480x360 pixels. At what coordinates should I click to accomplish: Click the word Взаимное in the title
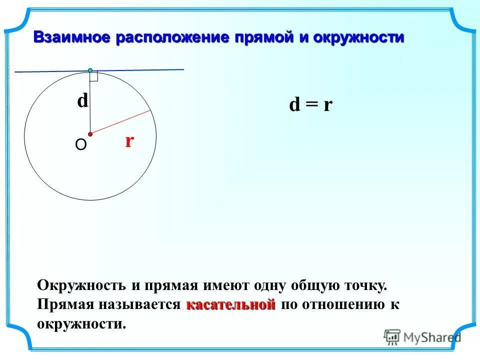coord(72,38)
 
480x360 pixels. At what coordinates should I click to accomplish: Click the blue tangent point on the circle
coord(90,70)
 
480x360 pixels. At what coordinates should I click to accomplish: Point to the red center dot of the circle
coord(90,134)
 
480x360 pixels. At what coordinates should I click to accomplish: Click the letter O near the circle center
coord(80,145)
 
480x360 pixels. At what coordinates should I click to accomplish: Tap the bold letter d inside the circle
coord(82,101)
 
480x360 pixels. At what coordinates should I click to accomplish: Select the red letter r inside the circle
coord(129,141)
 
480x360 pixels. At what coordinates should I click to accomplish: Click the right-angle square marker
coord(93,76)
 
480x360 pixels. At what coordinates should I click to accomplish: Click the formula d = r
coord(311,105)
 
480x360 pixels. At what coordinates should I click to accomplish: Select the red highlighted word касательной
coord(231,304)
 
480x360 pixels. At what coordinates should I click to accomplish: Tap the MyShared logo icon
coord(392,336)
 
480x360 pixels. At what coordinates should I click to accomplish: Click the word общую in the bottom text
coord(314,286)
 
